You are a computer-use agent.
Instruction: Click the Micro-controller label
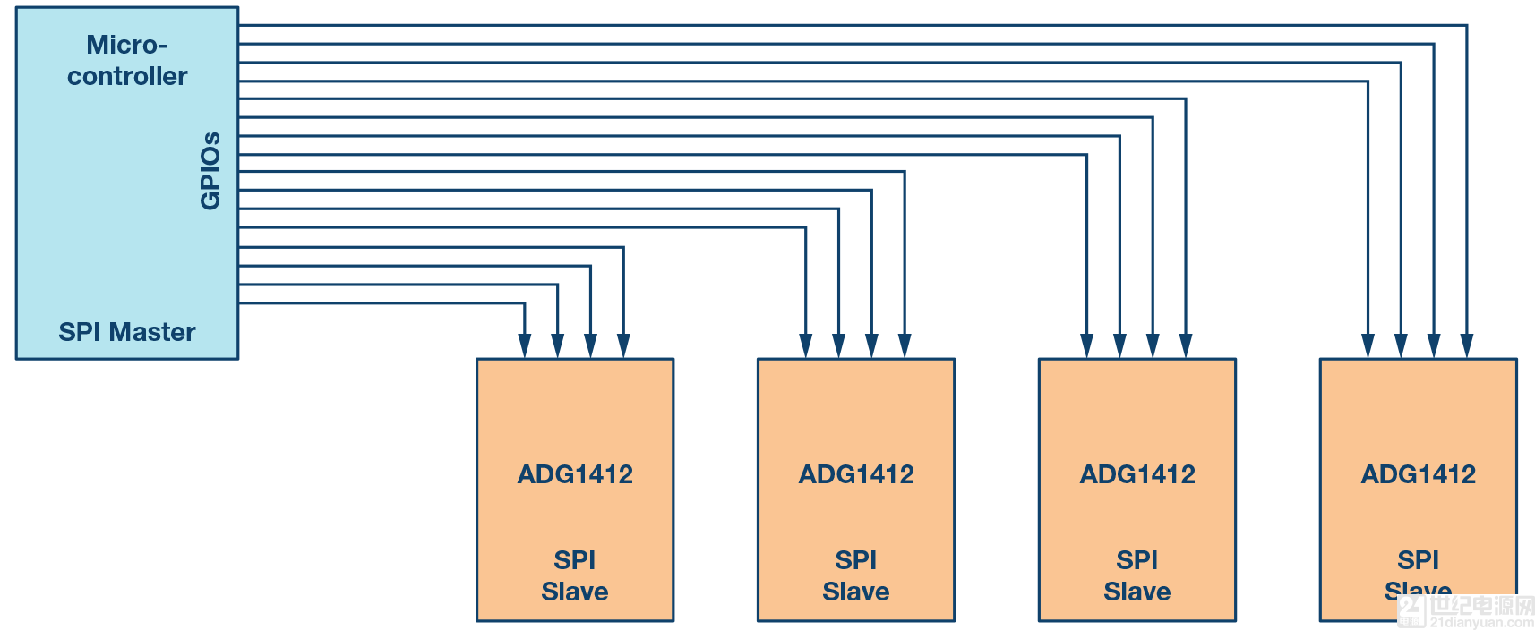coord(127,61)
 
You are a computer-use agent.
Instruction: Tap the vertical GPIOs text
coord(210,171)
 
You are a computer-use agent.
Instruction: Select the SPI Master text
coord(127,332)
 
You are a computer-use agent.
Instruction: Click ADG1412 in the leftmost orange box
coord(575,474)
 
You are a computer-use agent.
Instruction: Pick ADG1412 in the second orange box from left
coord(856,474)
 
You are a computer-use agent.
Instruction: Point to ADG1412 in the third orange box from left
coord(1137,474)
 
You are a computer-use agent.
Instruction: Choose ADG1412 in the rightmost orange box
coord(1419,474)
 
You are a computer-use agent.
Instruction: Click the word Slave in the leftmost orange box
coord(575,592)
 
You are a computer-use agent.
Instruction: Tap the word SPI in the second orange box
coord(856,560)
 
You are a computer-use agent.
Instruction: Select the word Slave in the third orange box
coord(1137,592)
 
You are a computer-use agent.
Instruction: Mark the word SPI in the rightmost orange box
coord(1419,560)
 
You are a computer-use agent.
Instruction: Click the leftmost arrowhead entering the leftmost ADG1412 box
coord(525,346)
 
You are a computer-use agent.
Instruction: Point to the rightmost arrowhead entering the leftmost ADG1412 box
coord(623,346)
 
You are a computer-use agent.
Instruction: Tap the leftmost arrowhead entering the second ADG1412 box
coord(806,346)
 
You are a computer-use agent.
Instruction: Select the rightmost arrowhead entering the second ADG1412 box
coord(905,346)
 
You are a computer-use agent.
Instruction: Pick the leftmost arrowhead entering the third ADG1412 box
coord(1086,346)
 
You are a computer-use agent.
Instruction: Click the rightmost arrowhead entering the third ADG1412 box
coord(1186,346)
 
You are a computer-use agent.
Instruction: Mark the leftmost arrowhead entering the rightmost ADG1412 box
coord(1368,346)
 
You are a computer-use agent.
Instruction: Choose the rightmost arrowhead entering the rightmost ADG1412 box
coord(1467,346)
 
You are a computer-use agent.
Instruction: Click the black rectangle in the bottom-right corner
coord(1460,612)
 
